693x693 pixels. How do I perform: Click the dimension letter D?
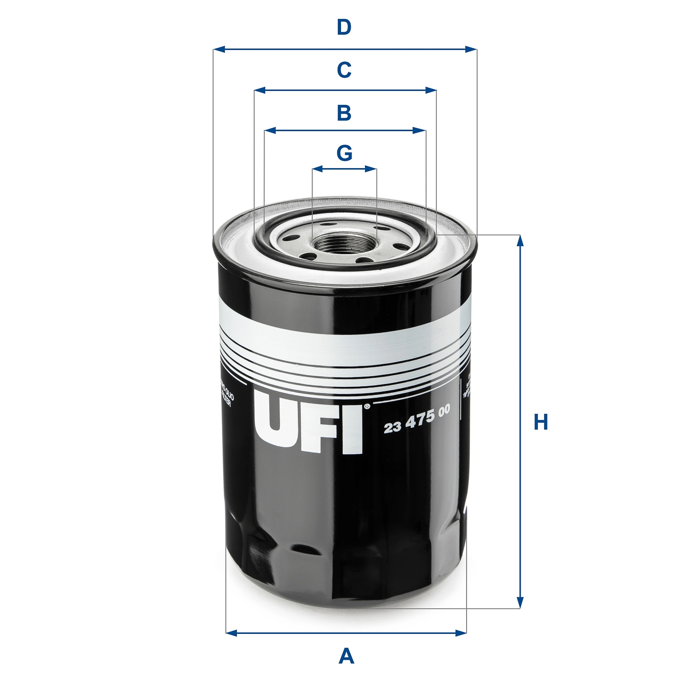pos(344,28)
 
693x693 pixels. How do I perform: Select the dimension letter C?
pos(344,70)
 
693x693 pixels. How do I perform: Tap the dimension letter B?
pos(344,113)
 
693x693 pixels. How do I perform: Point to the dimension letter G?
pos(345,153)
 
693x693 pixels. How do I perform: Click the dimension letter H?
pos(541,422)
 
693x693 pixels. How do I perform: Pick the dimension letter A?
pos(346,656)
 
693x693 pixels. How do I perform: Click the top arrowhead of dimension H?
pos(520,241)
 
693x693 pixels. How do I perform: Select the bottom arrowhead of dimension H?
pos(520,602)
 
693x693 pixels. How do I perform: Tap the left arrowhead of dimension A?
pos(231,632)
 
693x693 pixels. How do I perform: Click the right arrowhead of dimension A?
pos(461,632)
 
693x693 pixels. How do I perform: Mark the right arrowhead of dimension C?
pos(431,90)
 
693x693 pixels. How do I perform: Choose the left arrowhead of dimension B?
pos(270,131)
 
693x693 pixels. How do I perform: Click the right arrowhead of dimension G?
pos(371,169)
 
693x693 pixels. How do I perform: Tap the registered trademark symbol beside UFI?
pos(367,407)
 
